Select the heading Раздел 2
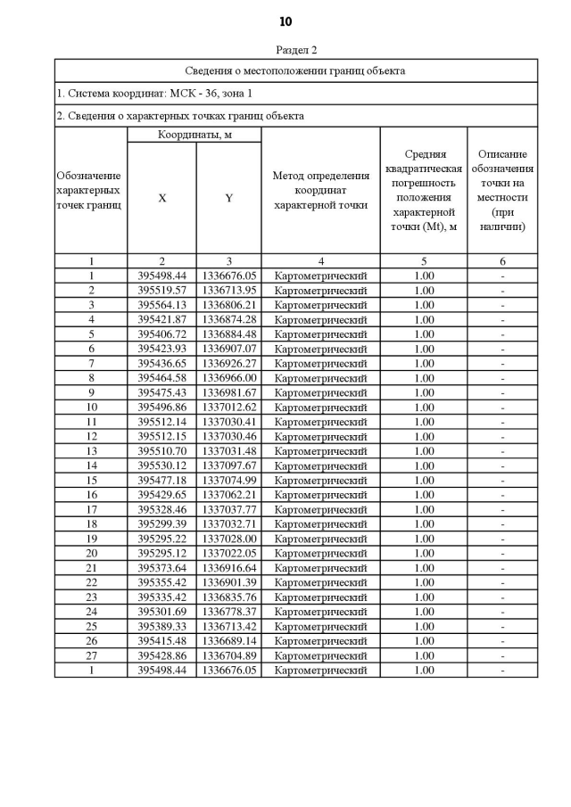pyautogui.click(x=296, y=50)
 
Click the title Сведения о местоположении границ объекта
pyautogui.click(x=295, y=70)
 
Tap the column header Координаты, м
pyautogui.click(x=194, y=135)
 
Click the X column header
pyautogui.click(x=161, y=198)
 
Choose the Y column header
pyautogui.click(x=228, y=198)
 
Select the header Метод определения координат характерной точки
pyautogui.click(x=320, y=190)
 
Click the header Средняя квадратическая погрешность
pyautogui.click(x=423, y=190)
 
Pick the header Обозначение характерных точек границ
pyautogui.click(x=90, y=190)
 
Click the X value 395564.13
pyautogui.click(x=161, y=305)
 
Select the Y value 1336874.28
pyautogui.click(x=228, y=319)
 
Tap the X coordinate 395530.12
pyautogui.click(x=161, y=465)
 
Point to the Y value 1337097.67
pyautogui.click(x=228, y=465)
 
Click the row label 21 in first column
pyautogui.click(x=91, y=568)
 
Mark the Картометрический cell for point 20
pyautogui.click(x=320, y=553)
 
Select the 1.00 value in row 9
pyautogui.click(x=424, y=392)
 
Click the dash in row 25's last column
pyautogui.click(x=502, y=626)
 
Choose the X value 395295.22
pyautogui.click(x=161, y=539)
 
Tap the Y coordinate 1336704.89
pyautogui.click(x=228, y=655)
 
